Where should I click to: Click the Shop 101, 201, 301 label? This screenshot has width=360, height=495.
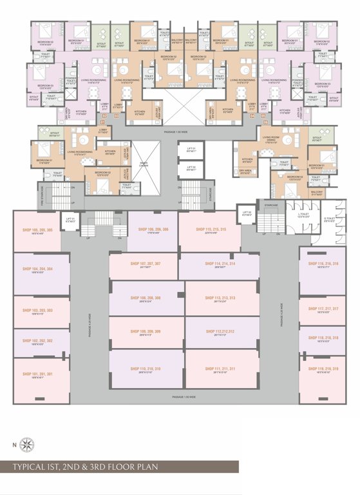[37, 374]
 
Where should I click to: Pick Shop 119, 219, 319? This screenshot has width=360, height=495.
[323, 369]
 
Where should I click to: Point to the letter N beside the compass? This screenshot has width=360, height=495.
[15, 444]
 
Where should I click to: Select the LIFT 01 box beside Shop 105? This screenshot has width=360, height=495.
[70, 220]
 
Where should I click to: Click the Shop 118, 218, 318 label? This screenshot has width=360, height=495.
[323, 338]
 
